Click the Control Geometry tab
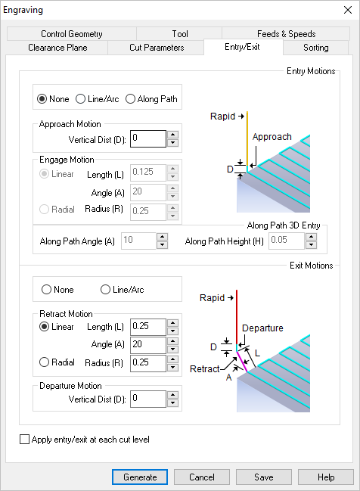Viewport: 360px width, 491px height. (72, 34)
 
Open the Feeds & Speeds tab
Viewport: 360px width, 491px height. (286, 34)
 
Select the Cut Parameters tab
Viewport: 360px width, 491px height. (156, 48)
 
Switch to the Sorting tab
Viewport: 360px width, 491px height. (315, 48)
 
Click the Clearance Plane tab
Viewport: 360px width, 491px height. (57, 48)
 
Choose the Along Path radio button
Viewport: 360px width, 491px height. (131, 99)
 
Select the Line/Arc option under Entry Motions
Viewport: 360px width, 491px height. (81, 99)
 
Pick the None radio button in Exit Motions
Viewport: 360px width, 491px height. (46, 290)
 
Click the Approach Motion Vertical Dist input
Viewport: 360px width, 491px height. (147, 139)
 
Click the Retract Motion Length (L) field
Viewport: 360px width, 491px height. (147, 327)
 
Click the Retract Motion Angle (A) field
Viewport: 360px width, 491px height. (147, 344)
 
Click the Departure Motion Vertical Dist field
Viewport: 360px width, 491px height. (147, 398)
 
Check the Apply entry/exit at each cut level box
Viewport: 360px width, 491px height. (25, 440)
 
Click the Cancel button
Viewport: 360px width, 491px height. (202, 477)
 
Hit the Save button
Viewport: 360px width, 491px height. (263, 477)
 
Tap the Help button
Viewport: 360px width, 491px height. (325, 477)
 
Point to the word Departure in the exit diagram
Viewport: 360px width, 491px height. (262, 328)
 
